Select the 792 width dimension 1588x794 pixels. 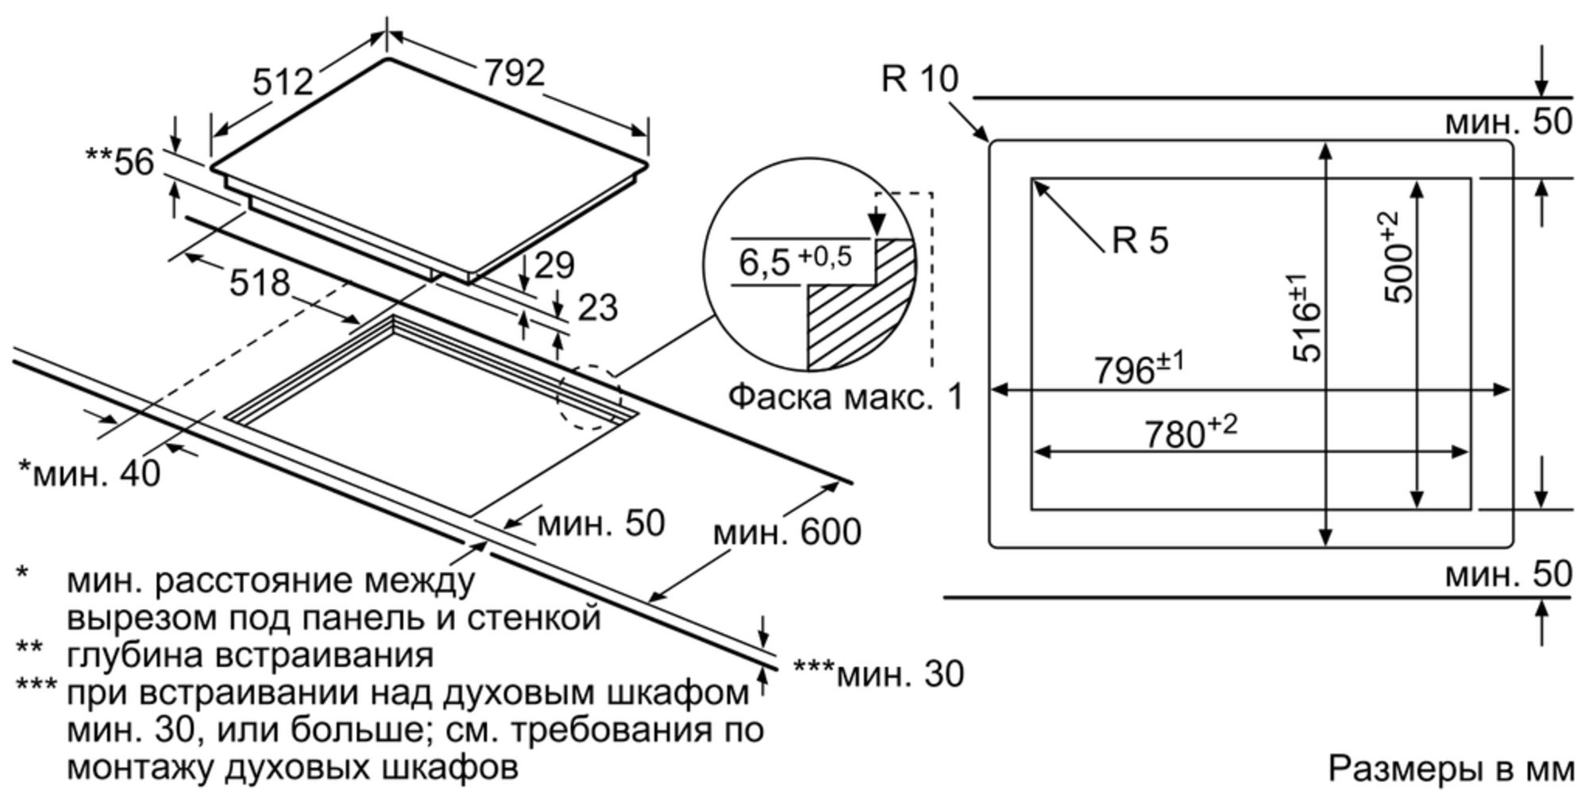515,73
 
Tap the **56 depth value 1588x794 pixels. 120,162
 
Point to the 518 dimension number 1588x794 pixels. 260,283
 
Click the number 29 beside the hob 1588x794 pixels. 554,265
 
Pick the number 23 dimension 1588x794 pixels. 597,307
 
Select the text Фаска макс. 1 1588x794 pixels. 846,396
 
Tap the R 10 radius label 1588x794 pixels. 920,79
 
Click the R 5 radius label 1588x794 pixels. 1140,239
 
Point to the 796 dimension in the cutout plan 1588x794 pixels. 1139,368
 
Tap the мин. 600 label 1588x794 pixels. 787,531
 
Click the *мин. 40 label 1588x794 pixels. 89,472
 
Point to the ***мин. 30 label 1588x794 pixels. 878,673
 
